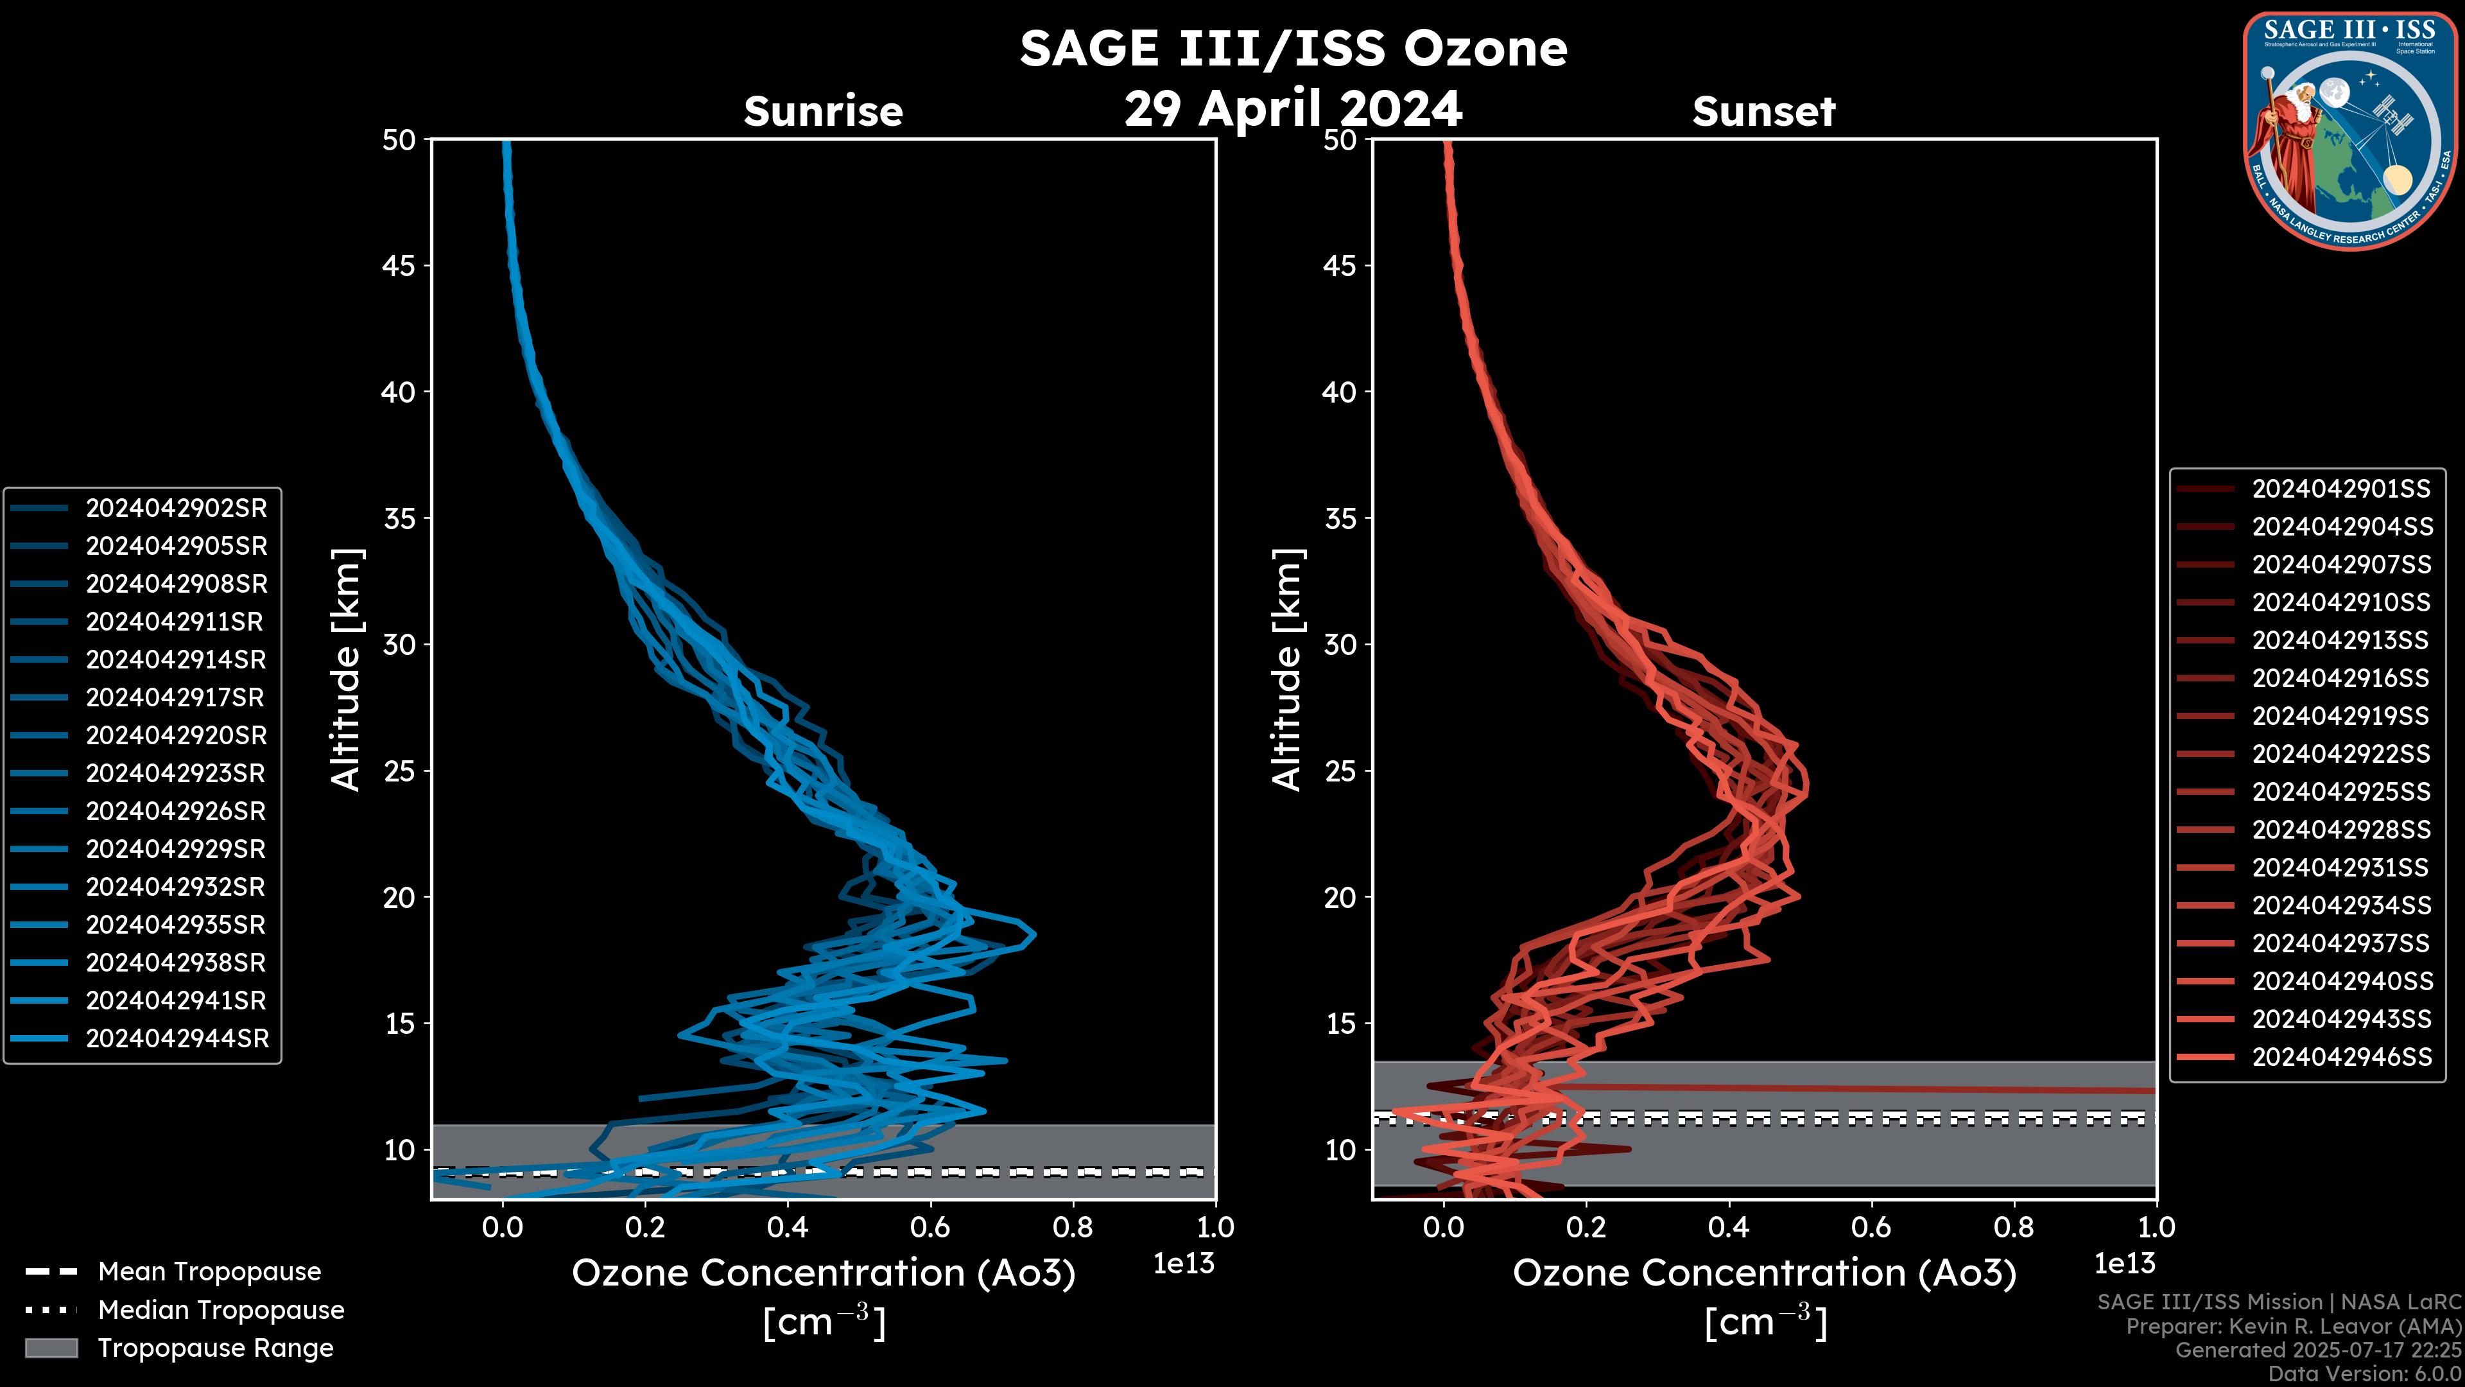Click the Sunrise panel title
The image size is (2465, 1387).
[823, 111]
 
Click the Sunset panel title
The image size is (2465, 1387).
[1763, 111]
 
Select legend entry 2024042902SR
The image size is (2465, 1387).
[176, 509]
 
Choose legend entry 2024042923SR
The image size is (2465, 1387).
[176, 773]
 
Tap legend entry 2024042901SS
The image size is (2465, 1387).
[2340, 489]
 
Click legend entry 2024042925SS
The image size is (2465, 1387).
[2340, 792]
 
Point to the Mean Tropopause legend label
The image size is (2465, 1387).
[209, 1271]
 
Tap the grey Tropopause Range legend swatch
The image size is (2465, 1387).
[51, 1348]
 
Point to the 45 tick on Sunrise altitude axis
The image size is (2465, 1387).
[399, 265]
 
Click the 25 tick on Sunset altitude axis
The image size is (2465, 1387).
[1340, 771]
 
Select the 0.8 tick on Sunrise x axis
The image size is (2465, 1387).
[1072, 1226]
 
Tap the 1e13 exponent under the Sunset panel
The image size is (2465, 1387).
[2124, 1264]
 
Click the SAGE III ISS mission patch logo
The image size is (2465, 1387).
[2349, 130]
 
